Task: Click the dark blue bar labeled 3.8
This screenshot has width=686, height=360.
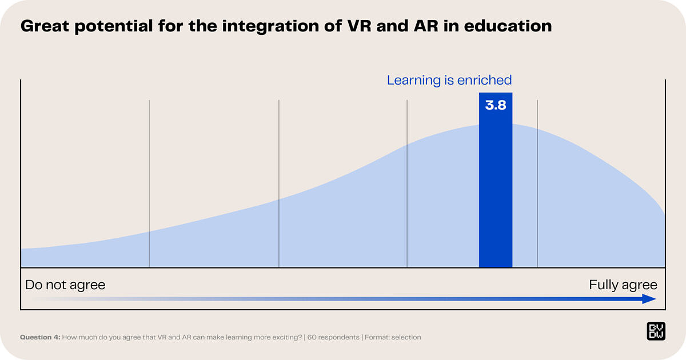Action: tap(496, 189)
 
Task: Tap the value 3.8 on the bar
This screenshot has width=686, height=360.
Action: tap(496, 105)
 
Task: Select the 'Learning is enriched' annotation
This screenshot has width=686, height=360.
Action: tap(449, 80)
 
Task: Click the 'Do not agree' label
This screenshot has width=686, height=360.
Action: tap(65, 285)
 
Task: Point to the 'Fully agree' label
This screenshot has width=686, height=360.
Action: tap(623, 285)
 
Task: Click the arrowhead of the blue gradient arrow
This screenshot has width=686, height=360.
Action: tap(649, 299)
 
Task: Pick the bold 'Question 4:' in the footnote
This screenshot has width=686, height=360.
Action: tap(40, 337)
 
